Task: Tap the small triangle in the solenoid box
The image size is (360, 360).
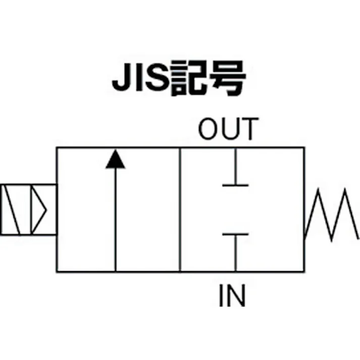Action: [x=39, y=209]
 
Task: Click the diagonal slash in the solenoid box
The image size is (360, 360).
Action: [x=13, y=209]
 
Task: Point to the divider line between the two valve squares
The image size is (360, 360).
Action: [x=180, y=210]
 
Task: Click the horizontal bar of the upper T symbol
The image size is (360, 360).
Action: [x=235, y=185]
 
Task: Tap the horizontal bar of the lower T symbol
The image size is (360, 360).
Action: [x=235, y=234]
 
